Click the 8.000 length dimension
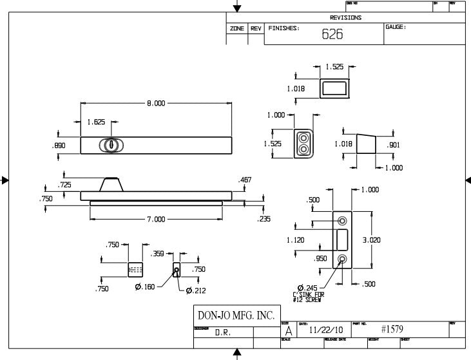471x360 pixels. [156, 103]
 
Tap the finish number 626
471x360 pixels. [332, 35]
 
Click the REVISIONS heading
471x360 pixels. [345, 18]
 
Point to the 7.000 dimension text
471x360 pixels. [156, 220]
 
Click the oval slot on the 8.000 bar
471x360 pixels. [111, 146]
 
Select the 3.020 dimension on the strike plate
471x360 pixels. [371, 240]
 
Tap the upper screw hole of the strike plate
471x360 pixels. [342, 221]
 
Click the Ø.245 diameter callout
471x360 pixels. [309, 288]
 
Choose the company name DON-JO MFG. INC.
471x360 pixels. [235, 316]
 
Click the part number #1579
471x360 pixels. [392, 329]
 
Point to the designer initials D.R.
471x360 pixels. [223, 333]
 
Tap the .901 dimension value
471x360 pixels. [393, 146]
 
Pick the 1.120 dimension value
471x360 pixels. [295, 240]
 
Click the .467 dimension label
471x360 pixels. [245, 180]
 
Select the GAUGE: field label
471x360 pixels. [395, 27]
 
